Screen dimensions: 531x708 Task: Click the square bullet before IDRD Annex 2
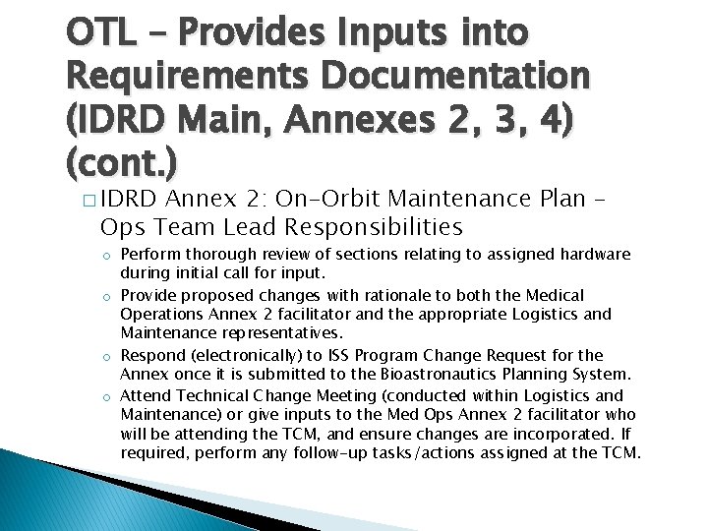click(x=89, y=201)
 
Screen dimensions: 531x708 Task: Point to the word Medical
click(x=548, y=296)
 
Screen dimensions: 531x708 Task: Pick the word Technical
click(x=207, y=395)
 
